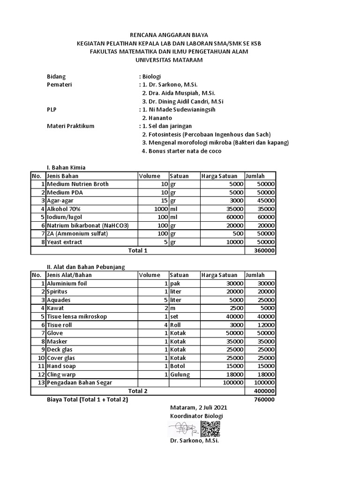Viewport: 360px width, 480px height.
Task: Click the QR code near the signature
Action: click(x=210, y=429)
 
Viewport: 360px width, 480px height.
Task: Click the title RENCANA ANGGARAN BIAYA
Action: click(x=169, y=35)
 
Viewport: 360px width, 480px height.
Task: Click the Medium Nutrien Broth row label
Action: click(x=77, y=184)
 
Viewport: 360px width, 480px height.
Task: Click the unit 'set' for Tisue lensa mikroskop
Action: click(x=175, y=316)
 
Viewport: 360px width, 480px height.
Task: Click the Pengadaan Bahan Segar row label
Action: click(x=79, y=382)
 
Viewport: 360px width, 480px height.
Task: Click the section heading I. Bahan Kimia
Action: click(x=66, y=167)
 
